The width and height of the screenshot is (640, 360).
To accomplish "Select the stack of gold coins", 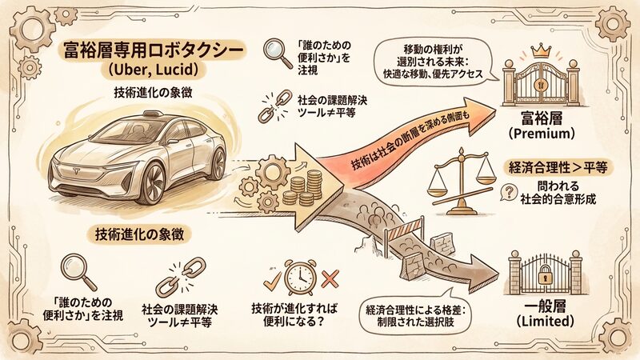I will point(305,192).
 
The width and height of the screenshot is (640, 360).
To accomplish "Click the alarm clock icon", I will point(298,276).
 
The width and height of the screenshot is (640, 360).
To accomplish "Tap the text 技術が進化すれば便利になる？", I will point(298,316).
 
